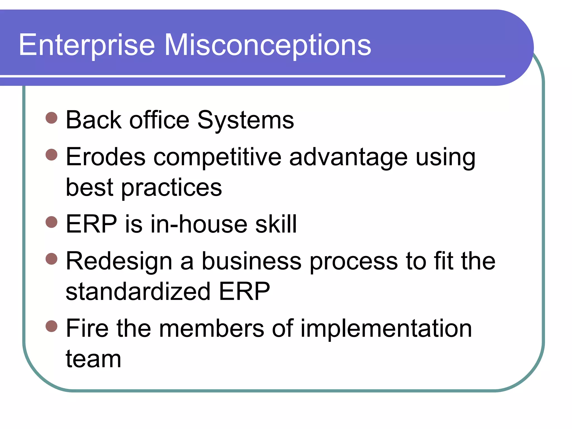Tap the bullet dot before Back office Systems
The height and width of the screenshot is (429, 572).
click(51, 118)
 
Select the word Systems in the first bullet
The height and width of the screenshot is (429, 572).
click(246, 120)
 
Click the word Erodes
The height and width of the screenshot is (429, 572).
click(106, 157)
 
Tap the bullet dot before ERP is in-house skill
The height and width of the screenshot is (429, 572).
click(51, 222)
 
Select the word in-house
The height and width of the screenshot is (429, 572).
click(199, 224)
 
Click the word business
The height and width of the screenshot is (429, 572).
click(251, 261)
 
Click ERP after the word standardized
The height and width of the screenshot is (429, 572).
click(244, 292)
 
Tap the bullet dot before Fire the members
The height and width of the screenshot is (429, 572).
click(51, 326)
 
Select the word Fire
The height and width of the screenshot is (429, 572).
click(87, 328)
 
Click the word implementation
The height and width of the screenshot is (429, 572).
click(386, 329)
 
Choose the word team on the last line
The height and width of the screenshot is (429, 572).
click(93, 359)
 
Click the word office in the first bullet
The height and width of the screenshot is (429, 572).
click(159, 120)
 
